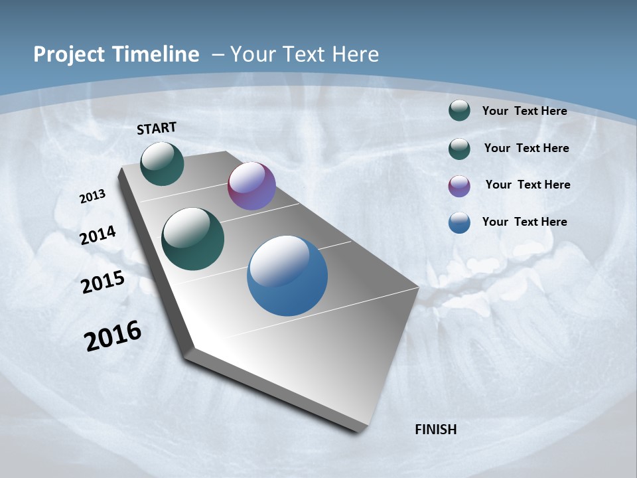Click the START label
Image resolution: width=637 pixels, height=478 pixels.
tap(157, 128)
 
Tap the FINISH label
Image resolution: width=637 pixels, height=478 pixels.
tap(435, 430)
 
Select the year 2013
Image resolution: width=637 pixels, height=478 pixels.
tap(92, 197)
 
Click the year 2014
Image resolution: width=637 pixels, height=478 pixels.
tap(98, 235)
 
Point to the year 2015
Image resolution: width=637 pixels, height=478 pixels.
tap(103, 282)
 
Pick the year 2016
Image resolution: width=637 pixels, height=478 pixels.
tap(113, 336)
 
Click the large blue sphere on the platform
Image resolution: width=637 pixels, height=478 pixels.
tap(287, 276)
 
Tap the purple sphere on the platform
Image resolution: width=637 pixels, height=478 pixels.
tap(251, 187)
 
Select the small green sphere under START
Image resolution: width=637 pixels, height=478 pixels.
tap(162, 163)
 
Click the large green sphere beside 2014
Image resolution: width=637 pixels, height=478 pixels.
tap(192, 239)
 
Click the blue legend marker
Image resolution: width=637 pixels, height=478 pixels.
tap(459, 222)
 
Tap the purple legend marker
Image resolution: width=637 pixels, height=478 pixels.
tap(459, 186)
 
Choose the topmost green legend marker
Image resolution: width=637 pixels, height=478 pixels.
tap(459, 110)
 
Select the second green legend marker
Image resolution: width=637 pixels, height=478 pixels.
tap(459, 149)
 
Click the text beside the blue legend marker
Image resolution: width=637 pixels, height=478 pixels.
tap(524, 222)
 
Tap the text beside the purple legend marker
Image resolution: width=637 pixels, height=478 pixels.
tap(528, 185)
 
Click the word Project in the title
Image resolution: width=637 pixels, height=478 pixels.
tap(68, 54)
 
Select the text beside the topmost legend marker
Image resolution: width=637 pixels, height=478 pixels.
tap(524, 111)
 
